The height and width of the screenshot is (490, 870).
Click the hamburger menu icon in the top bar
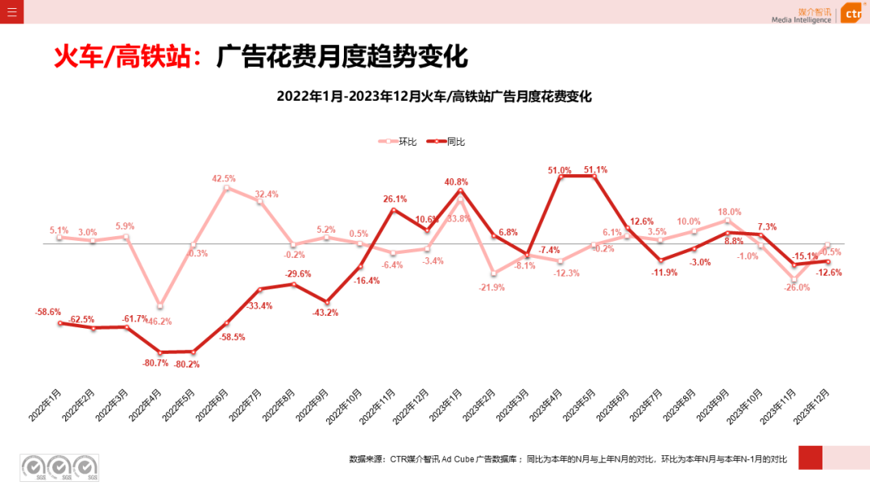point(11,12)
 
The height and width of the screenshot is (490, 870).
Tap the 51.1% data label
point(595,170)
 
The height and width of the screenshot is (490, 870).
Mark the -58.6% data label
point(48,312)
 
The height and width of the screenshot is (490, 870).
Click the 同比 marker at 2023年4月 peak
point(561,176)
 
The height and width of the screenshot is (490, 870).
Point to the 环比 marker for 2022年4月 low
point(160,305)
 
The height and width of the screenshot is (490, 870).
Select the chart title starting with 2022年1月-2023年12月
point(434,97)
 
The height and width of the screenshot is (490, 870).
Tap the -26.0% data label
point(797,287)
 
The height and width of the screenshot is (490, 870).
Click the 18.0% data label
point(729,212)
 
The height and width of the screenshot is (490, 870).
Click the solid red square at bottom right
point(810,457)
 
